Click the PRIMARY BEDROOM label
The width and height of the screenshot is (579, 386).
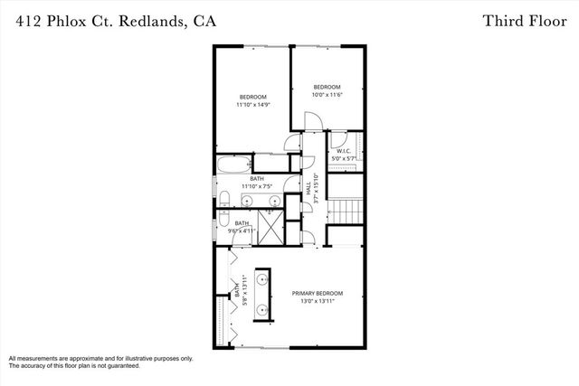pyautogui.click(x=317, y=293)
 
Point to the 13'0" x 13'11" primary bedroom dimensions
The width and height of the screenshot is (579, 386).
pyautogui.click(x=317, y=302)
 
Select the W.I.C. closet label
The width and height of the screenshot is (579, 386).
pyautogui.click(x=344, y=151)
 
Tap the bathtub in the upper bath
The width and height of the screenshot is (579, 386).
pyautogui.click(x=234, y=164)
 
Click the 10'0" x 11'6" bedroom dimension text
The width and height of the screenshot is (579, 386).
pyautogui.click(x=326, y=94)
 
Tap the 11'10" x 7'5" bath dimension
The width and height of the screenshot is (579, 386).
pyautogui.click(x=257, y=187)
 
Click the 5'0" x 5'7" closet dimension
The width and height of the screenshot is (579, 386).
pyautogui.click(x=344, y=159)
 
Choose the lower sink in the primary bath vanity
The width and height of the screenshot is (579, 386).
pyautogui.click(x=264, y=307)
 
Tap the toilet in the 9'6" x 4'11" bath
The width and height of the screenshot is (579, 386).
pyautogui.click(x=223, y=219)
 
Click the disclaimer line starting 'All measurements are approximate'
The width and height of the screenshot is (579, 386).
pyautogui.click(x=100, y=358)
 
